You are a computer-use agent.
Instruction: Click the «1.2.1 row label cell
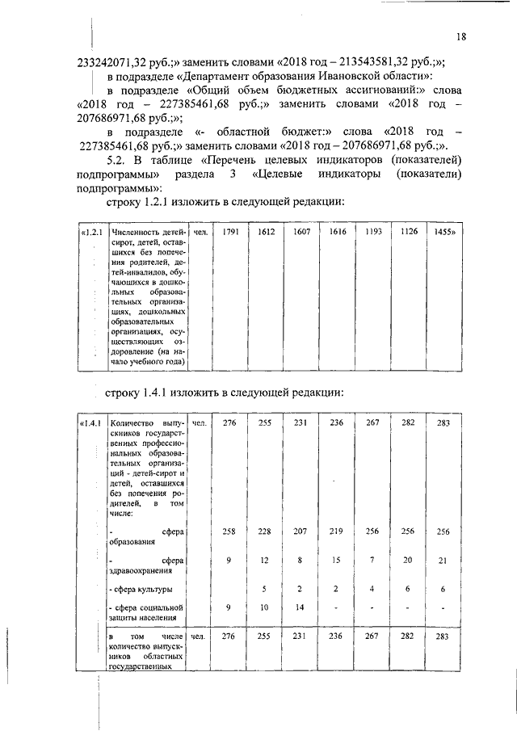91,233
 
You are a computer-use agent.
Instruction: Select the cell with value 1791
230,233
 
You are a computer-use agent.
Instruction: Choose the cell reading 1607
301,233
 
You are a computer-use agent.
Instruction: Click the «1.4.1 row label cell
90,422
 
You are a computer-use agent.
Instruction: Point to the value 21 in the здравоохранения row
441,560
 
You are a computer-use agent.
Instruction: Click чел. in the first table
201,233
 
